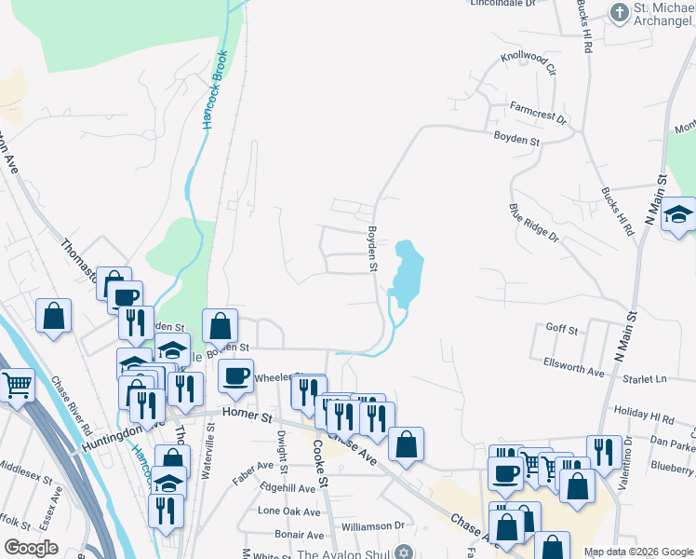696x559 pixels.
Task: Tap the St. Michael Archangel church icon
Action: coord(619,12)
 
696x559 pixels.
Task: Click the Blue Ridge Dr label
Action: coord(533,225)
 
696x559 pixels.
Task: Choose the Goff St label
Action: coord(562,330)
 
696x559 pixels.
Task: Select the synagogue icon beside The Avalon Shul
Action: coord(402,553)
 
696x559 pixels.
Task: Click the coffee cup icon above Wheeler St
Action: coord(235,375)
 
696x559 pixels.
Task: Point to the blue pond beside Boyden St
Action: coord(407,270)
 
